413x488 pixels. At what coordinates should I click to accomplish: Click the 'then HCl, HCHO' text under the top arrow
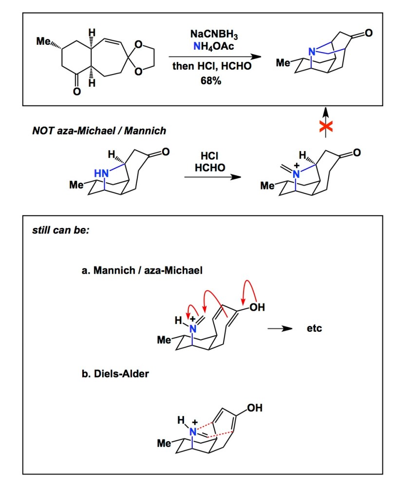[x=212, y=66]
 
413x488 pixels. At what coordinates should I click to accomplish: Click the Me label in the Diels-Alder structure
[x=164, y=444]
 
